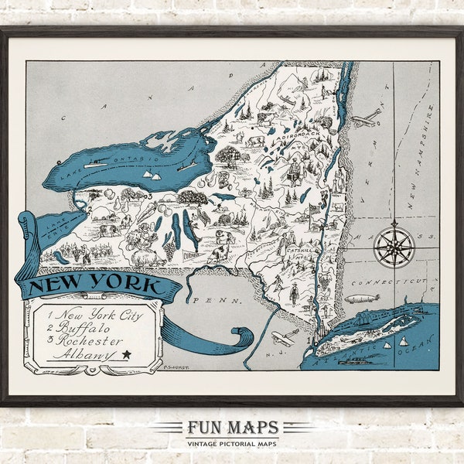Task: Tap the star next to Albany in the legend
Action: (x=125, y=354)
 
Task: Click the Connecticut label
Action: (x=386, y=285)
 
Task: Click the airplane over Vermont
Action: (x=367, y=118)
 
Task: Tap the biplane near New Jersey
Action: (x=285, y=338)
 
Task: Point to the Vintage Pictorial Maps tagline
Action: (x=232, y=442)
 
